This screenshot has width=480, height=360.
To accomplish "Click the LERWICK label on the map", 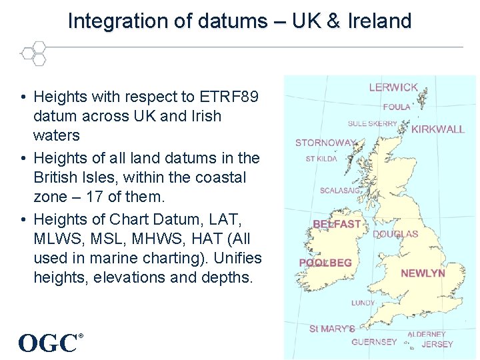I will coord(393,87).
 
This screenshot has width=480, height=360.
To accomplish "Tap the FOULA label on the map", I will coord(397,107).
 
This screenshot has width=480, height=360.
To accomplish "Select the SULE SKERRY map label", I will coord(372,123).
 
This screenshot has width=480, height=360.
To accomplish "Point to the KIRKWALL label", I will coord(437,129).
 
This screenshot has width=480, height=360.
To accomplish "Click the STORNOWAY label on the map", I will coord(325,143).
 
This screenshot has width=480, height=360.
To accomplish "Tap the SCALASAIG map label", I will coord(340,191).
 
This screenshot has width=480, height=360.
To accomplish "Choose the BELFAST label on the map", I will coord(337,225).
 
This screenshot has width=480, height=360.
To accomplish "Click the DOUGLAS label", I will coord(396,234).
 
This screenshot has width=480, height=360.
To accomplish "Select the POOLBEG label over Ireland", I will coord(325,263).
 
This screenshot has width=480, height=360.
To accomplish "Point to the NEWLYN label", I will coord(423,273).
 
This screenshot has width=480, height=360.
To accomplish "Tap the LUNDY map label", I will coord(363,303).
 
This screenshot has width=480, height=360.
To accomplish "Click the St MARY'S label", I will coord(332,329).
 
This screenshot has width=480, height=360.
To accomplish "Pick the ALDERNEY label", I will coord(427,334).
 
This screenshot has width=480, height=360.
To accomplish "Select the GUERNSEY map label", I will coord(374,342).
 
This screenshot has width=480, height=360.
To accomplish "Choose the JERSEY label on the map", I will coord(437,345).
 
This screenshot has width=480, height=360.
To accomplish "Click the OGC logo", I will coord(49,343).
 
